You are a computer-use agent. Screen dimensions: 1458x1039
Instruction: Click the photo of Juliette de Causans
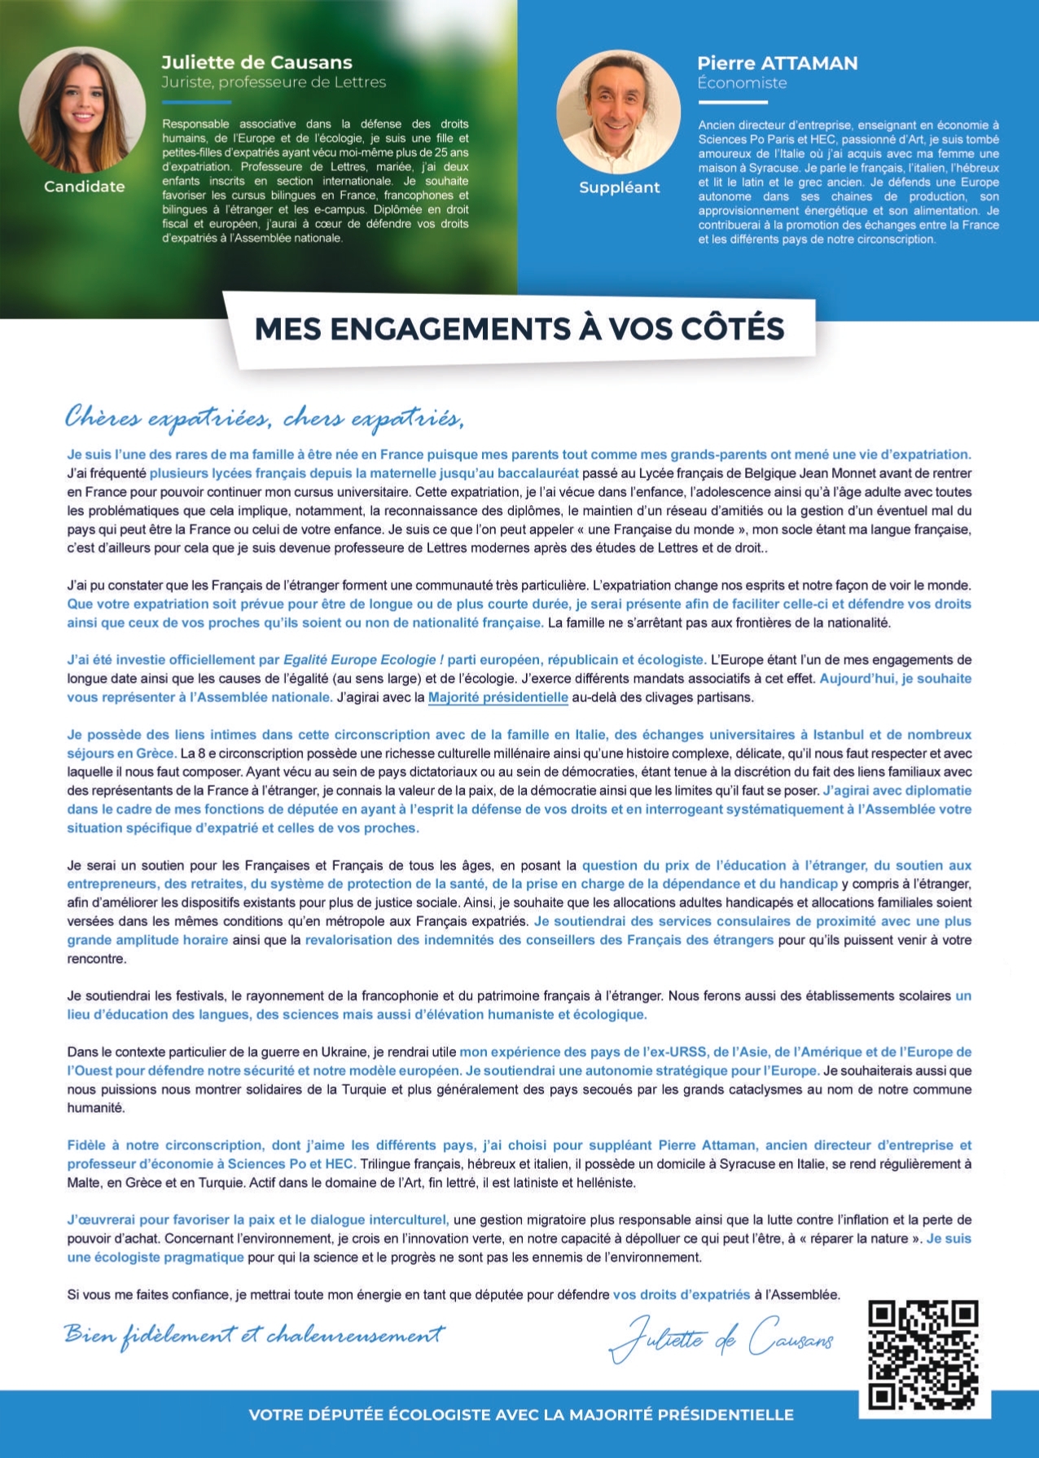82,109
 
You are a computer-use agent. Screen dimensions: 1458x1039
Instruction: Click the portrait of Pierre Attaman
619,112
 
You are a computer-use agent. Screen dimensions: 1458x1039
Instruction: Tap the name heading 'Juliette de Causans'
256,63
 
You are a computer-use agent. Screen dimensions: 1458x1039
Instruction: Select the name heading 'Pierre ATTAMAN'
777,64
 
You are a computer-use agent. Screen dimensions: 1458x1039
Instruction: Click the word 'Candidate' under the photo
85,187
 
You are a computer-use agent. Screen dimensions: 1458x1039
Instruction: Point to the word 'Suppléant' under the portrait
620,187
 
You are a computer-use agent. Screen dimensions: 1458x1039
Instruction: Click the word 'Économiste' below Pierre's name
742,83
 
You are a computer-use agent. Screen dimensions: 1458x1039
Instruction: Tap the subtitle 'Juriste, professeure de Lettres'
274,82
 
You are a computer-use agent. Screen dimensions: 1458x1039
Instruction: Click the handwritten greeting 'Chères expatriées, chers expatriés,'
265,418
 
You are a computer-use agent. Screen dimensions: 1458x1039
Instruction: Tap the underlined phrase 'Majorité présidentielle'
498,697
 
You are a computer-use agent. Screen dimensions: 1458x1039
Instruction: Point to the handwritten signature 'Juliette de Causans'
721,1340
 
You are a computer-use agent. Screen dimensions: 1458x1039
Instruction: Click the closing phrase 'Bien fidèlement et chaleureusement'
255,1335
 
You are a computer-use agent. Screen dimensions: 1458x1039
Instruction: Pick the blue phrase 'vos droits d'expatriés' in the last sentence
682,1294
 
